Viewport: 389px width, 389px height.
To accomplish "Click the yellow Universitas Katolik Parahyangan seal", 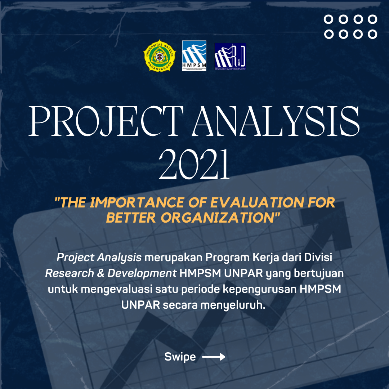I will pos(160,56).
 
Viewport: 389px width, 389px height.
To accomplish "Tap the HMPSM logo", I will pos(194,56).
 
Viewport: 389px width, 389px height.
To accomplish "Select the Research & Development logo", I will pos(230,57).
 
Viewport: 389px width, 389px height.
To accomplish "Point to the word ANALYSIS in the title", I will pos(277,121).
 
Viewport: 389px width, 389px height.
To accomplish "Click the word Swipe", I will pos(180,357).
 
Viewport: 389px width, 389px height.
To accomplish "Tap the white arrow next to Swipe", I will pos(214,357).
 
